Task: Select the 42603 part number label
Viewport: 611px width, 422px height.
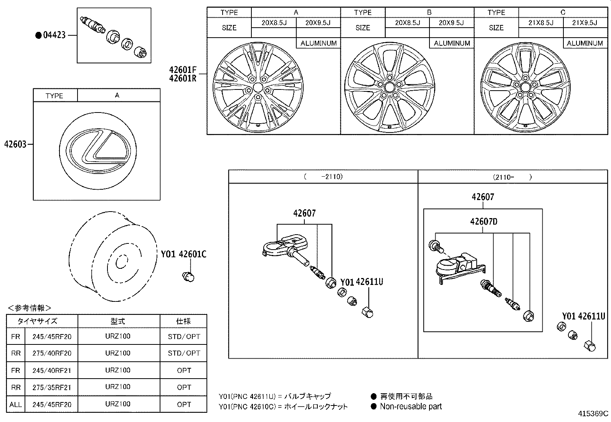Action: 15,144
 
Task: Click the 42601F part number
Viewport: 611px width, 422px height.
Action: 183,70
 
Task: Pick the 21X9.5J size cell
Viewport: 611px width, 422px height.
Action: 585,23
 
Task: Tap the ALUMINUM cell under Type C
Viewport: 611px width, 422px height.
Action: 585,43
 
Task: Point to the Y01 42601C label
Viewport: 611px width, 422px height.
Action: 183,254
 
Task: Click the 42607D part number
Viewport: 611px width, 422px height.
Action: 484,222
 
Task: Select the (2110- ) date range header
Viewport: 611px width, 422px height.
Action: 512,177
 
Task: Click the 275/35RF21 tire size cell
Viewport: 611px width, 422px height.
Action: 51,387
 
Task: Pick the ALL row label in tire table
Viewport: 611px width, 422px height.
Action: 16,404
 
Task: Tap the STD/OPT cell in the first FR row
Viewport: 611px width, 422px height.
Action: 184,336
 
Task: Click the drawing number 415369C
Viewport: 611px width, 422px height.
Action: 593,414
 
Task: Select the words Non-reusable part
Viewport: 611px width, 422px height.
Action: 411,406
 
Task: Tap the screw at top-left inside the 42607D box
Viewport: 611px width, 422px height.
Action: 434,245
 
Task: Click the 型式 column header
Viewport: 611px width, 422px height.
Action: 118,321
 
